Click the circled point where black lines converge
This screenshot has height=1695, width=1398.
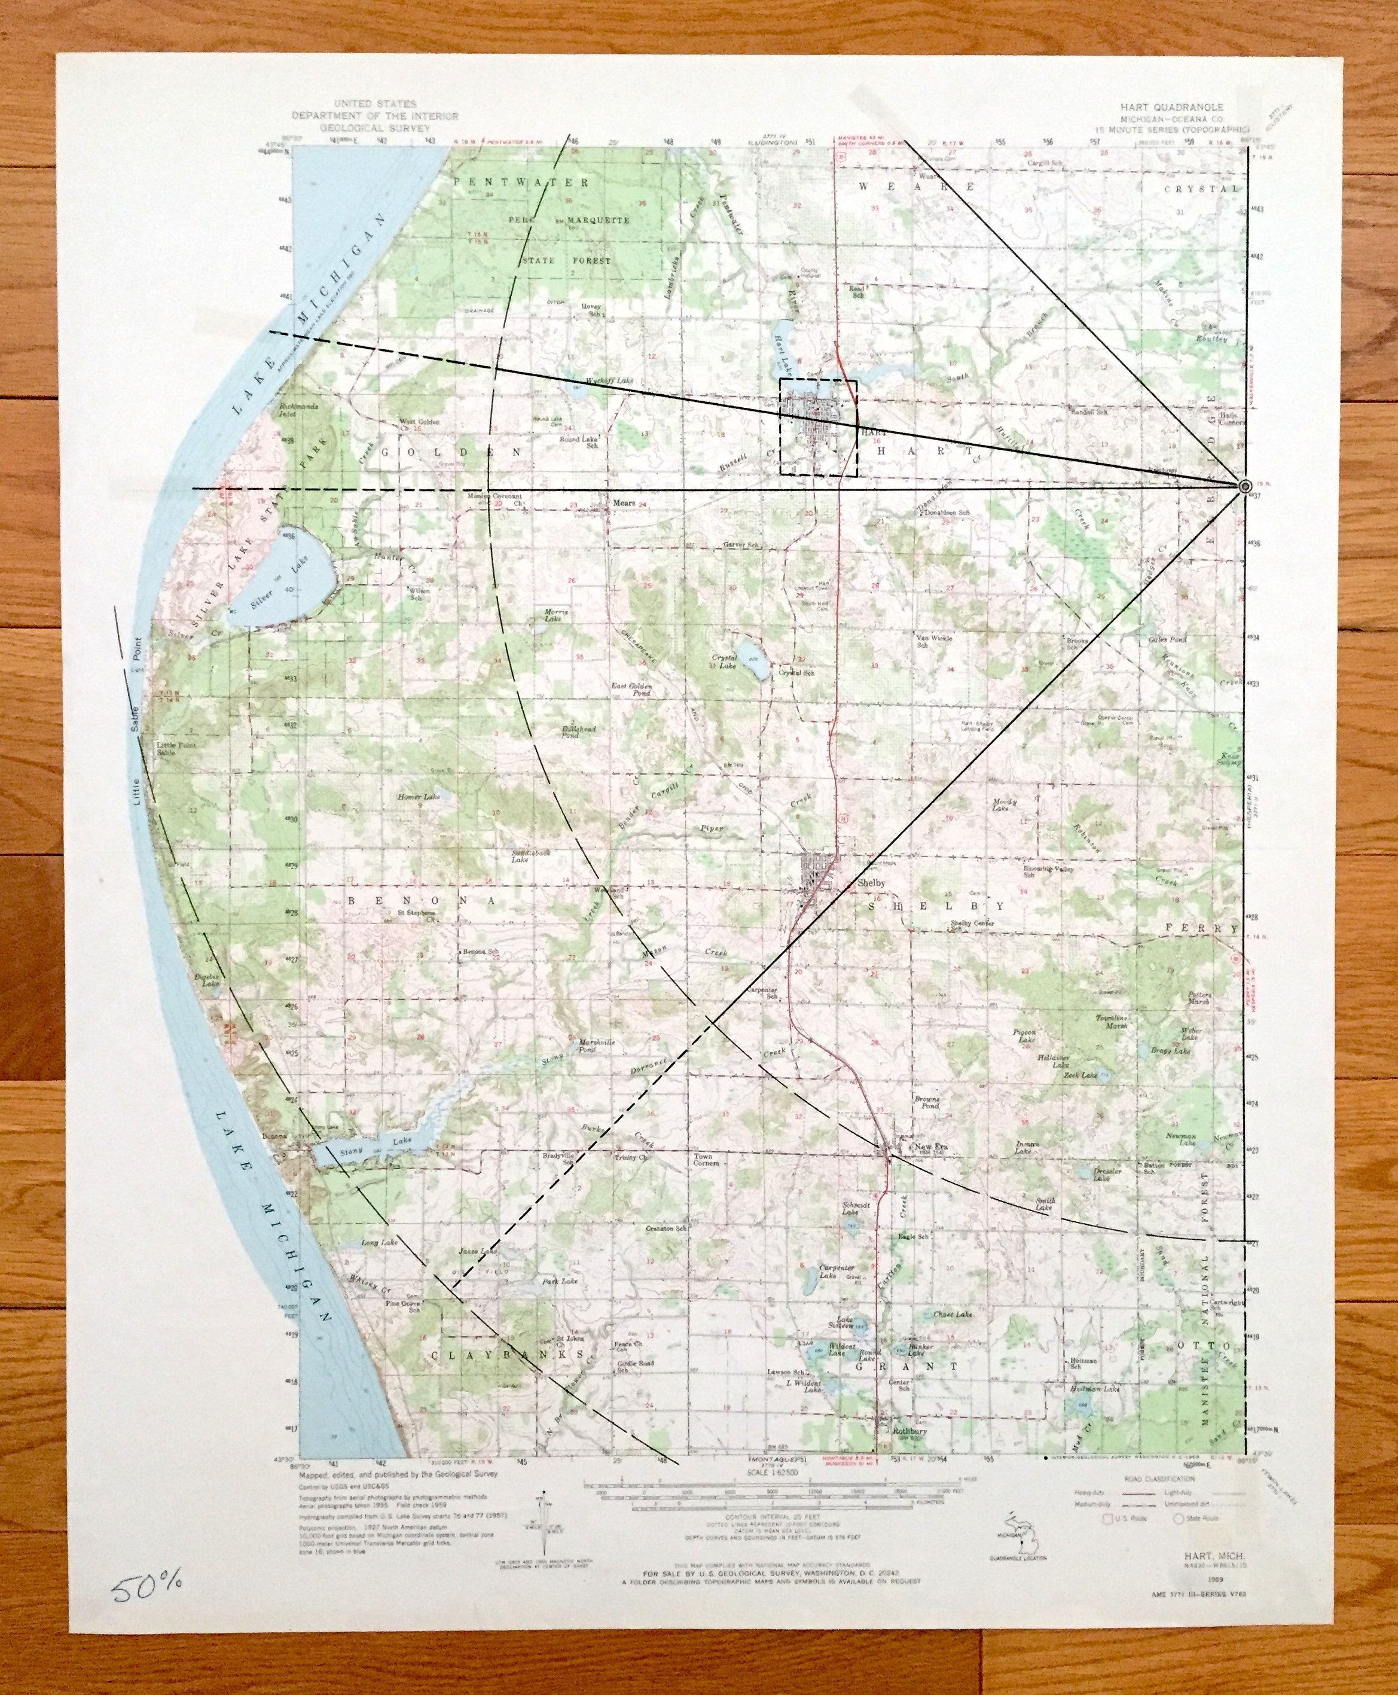point(1244,485)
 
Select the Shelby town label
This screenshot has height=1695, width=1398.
point(871,883)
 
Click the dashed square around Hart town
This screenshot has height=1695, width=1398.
point(818,427)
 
